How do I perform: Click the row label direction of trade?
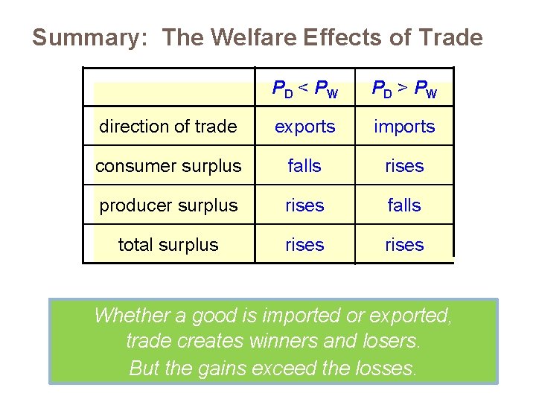[x=168, y=127]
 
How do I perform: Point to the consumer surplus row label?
[x=168, y=166]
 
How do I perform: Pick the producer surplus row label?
[x=168, y=205]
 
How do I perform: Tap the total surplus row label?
[x=168, y=245]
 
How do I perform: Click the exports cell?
[x=304, y=127]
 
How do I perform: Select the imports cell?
[x=404, y=127]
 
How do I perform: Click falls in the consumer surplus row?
[x=304, y=166]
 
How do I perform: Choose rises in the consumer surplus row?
[x=404, y=166]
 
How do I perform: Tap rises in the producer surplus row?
[x=304, y=205]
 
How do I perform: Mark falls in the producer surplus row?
[x=404, y=205]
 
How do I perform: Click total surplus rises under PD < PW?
[x=304, y=245]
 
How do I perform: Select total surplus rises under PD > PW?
[x=404, y=245]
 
